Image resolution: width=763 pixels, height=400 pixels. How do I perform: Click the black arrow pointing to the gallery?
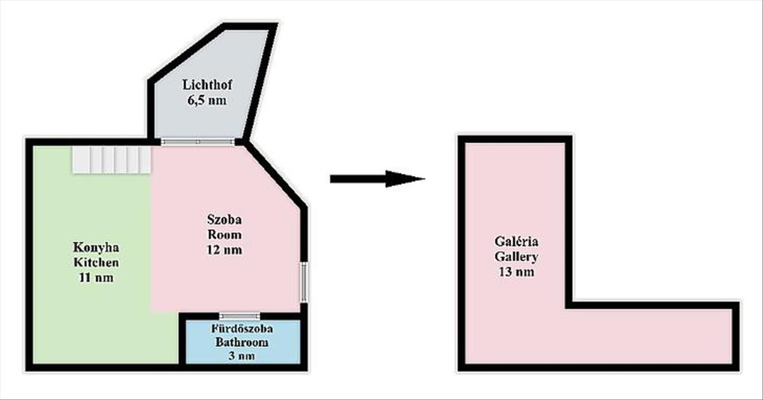pyautogui.click(x=376, y=179)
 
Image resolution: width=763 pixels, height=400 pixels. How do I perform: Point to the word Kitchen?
pyautogui.click(x=95, y=262)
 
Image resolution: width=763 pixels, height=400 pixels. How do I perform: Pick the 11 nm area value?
pyautogui.click(x=95, y=277)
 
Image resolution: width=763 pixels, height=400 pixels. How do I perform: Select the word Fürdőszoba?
pyautogui.click(x=241, y=329)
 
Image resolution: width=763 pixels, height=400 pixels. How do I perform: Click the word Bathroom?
pyautogui.click(x=241, y=343)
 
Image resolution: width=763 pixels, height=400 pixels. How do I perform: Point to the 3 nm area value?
pyautogui.click(x=241, y=356)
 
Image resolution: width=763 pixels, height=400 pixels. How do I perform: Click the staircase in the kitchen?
pyautogui.click(x=111, y=159)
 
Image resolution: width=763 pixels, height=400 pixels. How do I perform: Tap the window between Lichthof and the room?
pyautogui.click(x=198, y=142)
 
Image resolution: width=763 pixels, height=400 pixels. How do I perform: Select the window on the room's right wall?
pyautogui.click(x=305, y=283)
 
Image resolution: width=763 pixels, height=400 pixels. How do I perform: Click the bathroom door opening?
pyautogui.click(x=240, y=316)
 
